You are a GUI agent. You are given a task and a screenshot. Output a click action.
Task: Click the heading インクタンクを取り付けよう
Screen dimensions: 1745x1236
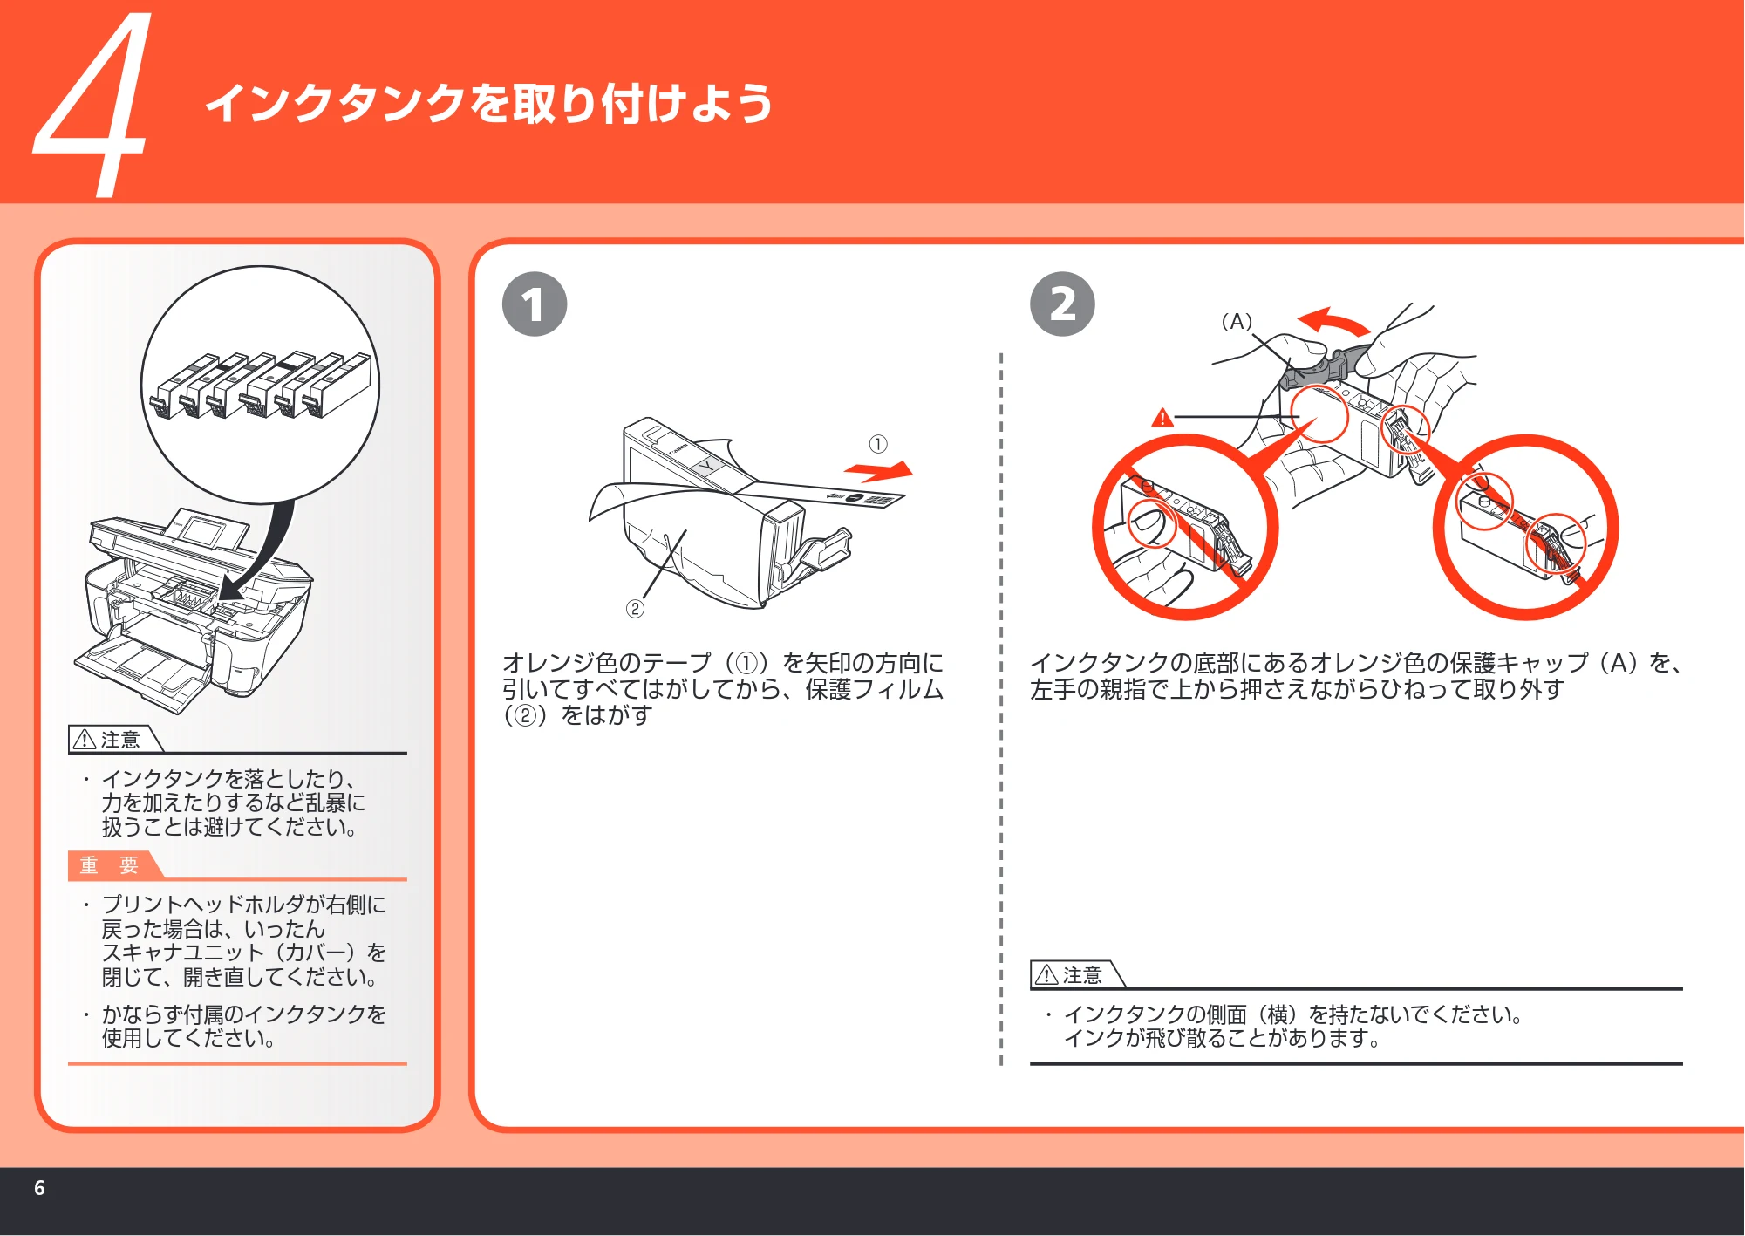point(489,104)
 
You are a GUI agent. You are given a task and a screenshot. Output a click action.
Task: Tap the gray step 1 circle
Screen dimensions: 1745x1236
point(535,304)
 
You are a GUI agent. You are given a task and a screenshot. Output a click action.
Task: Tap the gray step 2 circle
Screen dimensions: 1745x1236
point(1062,304)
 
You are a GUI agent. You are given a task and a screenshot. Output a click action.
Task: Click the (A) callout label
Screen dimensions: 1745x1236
point(1237,322)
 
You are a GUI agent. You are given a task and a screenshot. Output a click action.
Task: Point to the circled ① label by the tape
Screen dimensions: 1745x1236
point(878,444)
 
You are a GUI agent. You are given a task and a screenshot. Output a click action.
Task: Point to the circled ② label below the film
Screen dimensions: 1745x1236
point(635,609)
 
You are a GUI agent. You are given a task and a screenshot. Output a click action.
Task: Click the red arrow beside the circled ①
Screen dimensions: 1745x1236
point(879,472)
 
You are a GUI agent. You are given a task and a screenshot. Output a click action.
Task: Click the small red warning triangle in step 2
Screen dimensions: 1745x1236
point(1162,418)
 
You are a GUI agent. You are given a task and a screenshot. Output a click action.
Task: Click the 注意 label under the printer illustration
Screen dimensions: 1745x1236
point(110,740)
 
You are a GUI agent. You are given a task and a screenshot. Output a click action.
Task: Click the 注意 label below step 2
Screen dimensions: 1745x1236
point(1073,975)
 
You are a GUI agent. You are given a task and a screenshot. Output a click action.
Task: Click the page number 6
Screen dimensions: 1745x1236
point(39,1188)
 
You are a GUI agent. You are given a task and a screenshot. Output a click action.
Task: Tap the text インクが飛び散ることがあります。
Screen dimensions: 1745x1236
point(1223,1039)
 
